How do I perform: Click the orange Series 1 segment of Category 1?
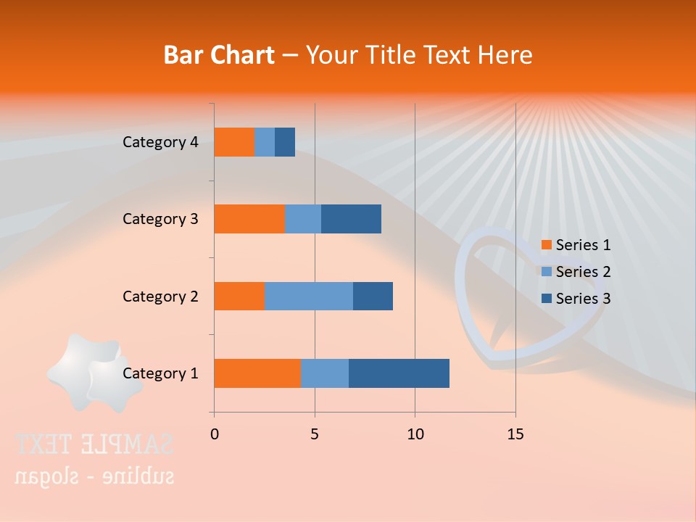257,373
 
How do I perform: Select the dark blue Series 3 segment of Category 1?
399,373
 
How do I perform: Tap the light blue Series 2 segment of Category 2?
309,296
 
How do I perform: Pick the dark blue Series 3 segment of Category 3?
351,219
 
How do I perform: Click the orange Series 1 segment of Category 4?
234,142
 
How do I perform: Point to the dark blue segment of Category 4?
285,142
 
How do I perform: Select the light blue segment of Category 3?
303,219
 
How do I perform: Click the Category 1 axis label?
160,373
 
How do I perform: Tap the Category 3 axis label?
160,219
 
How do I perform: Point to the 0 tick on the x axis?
215,434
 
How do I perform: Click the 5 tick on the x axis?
315,434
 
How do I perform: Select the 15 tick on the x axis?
515,434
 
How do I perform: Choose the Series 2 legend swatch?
546,272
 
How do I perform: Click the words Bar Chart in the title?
219,55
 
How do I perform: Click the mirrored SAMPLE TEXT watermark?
94,444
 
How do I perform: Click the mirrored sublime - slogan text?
94,476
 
